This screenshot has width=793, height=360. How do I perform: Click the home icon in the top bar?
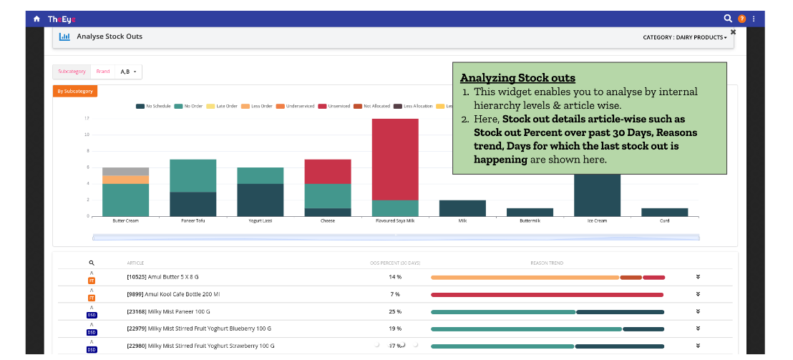click(x=37, y=19)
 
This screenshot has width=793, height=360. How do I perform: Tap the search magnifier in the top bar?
click(x=728, y=19)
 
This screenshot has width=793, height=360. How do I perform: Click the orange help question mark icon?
click(x=741, y=19)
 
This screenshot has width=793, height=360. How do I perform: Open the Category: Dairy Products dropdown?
click(x=684, y=37)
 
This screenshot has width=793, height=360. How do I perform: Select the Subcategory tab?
click(x=72, y=72)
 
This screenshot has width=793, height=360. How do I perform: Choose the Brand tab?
click(x=103, y=72)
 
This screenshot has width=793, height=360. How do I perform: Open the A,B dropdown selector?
click(x=129, y=72)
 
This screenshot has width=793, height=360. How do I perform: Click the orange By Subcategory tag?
click(x=74, y=91)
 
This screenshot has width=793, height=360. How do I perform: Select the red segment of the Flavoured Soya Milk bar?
click(x=395, y=159)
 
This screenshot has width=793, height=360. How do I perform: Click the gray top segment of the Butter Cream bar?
click(x=125, y=171)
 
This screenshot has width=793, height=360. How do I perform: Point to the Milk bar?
click(x=462, y=208)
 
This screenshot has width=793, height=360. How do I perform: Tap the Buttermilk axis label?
click(x=530, y=221)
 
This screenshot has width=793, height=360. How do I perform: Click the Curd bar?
click(x=664, y=212)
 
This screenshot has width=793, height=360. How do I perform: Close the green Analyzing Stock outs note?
click(x=733, y=32)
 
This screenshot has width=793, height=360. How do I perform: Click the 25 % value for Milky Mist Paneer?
click(x=395, y=311)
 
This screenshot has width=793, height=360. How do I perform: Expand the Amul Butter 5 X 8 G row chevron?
click(x=698, y=277)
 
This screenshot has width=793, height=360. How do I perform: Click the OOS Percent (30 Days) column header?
click(x=395, y=263)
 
